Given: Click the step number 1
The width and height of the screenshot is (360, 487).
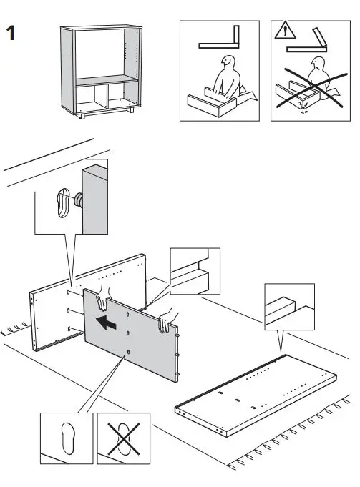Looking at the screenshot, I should click(x=11, y=34).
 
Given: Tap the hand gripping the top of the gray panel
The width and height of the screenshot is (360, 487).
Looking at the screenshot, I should click(x=104, y=292).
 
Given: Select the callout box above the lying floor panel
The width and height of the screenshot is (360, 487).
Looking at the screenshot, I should click(x=288, y=306).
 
